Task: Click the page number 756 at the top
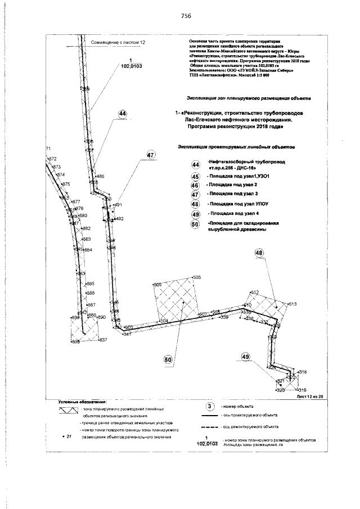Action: click(x=187, y=16)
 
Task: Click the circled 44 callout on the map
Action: click(x=123, y=114)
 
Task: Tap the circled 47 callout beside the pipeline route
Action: click(x=150, y=155)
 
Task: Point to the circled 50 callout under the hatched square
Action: click(x=168, y=360)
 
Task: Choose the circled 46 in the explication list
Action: click(x=196, y=186)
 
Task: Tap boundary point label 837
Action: click(x=102, y=340)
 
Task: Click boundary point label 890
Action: click(x=102, y=318)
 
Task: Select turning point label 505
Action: click(x=157, y=285)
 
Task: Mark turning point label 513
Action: click(x=292, y=304)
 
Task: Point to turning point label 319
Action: click(x=301, y=390)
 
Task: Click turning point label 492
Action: click(x=119, y=218)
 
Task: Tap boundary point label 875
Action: click(x=66, y=184)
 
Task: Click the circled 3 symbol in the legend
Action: click(x=209, y=406)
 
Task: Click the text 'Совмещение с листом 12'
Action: click(x=118, y=43)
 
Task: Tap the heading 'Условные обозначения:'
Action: click(x=83, y=402)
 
